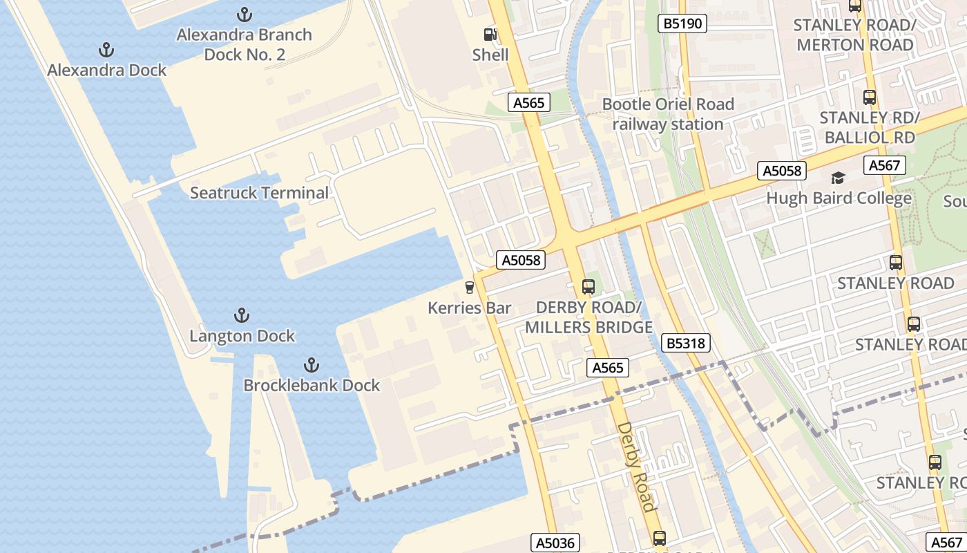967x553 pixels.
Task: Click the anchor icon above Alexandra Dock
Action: tap(106, 50)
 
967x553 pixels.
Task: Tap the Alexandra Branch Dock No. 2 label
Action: tap(244, 44)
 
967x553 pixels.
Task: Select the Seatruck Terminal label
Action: tap(259, 193)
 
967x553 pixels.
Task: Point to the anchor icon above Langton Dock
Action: tap(241, 315)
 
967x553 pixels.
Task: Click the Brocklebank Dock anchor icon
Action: tap(312, 364)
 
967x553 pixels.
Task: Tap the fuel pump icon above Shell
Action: tap(490, 34)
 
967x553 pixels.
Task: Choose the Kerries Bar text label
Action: tap(469, 308)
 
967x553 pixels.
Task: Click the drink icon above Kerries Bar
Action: tap(470, 287)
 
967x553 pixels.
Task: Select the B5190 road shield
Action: tap(682, 24)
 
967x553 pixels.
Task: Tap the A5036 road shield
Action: tap(556, 543)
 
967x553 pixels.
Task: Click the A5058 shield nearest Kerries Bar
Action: tap(521, 260)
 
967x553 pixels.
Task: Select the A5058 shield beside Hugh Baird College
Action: tap(782, 171)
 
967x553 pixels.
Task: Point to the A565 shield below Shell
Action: tap(529, 103)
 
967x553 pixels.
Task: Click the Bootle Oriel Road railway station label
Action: tap(668, 114)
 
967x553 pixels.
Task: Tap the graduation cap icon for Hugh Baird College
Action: tap(839, 178)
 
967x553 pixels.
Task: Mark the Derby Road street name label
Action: tap(635, 467)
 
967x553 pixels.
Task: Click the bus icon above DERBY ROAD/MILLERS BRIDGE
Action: tap(588, 286)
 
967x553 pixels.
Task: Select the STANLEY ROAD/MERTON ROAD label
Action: tap(854, 35)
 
